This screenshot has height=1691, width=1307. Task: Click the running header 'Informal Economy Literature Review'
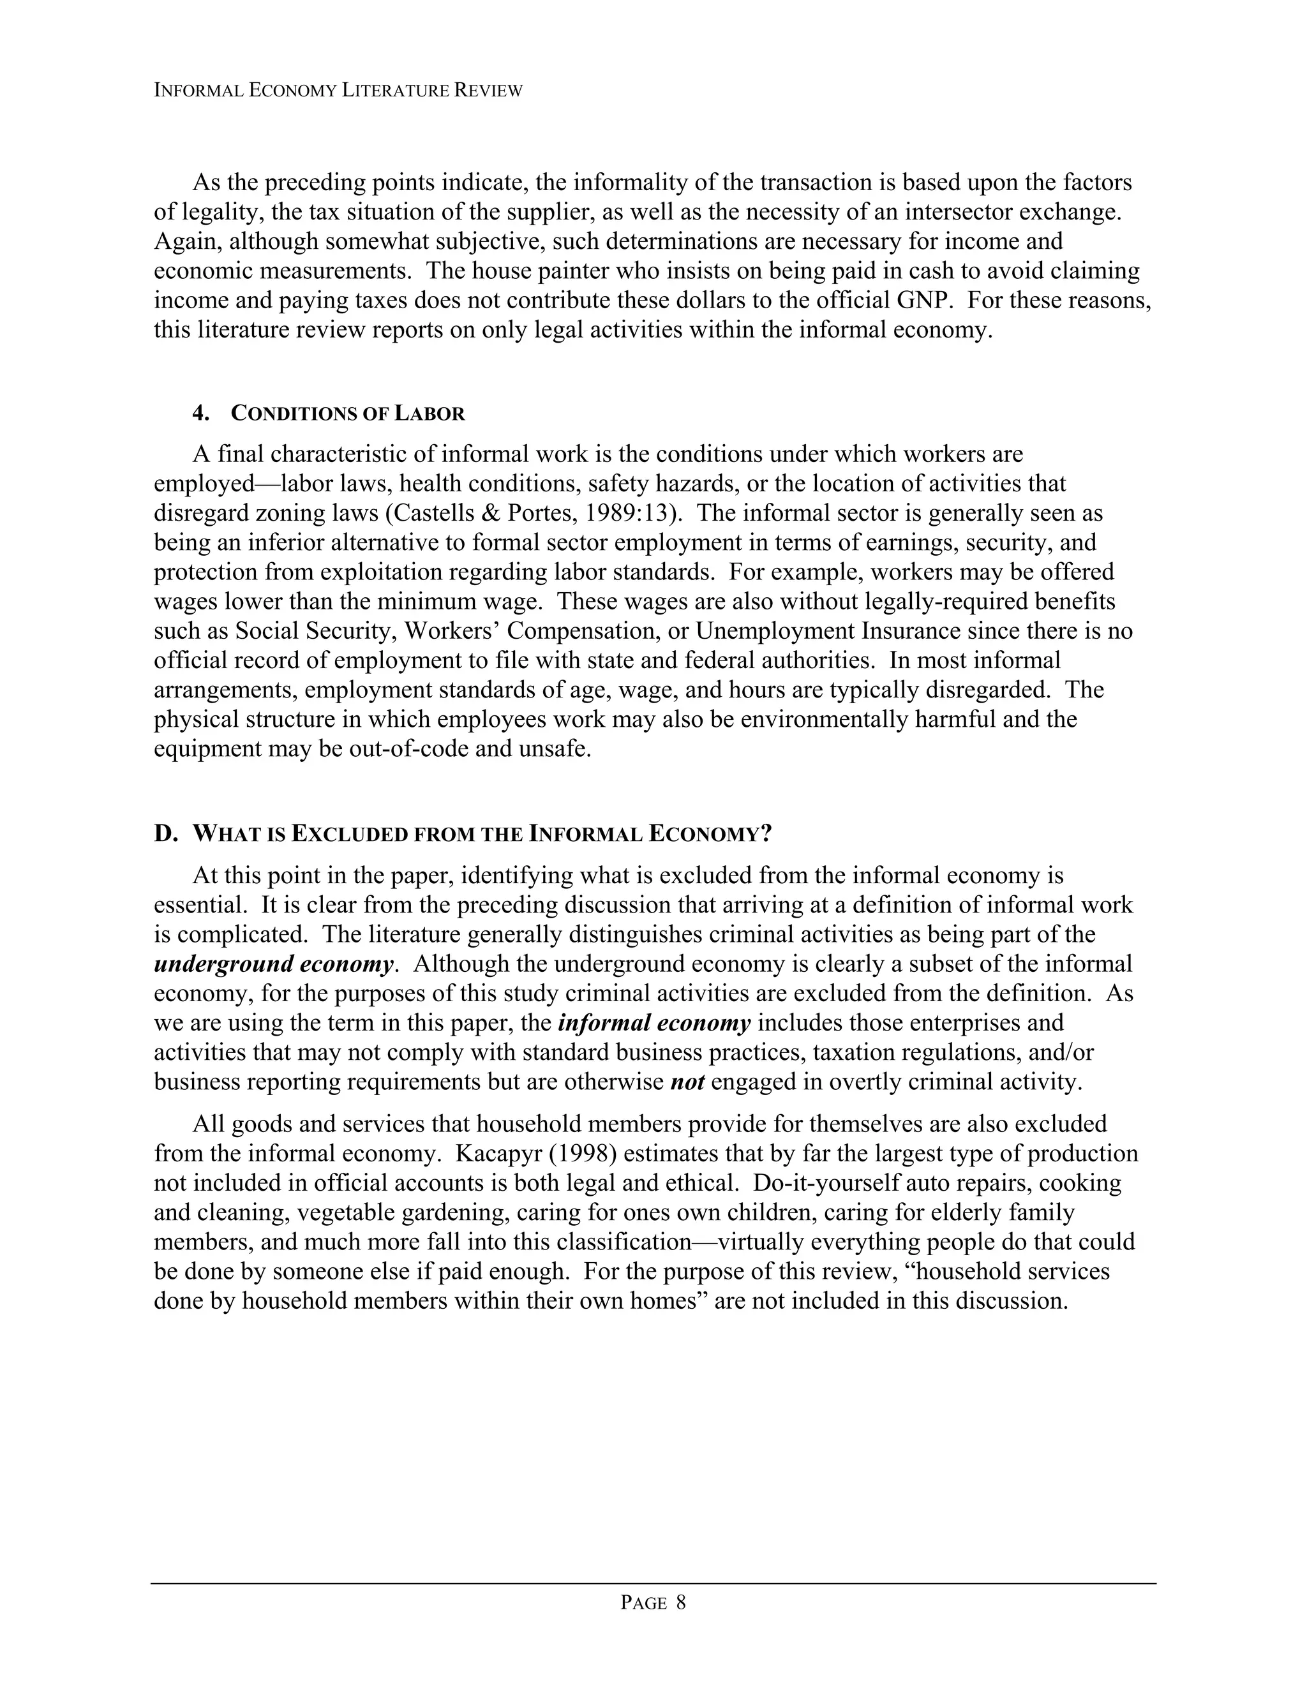338,91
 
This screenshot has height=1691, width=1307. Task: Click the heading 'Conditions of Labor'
348,413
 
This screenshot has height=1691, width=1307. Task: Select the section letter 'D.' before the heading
166,834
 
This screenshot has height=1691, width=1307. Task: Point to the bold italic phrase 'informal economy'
654,1023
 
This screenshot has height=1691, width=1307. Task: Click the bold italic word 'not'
687,1082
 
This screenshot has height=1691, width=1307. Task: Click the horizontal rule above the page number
653,1583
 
